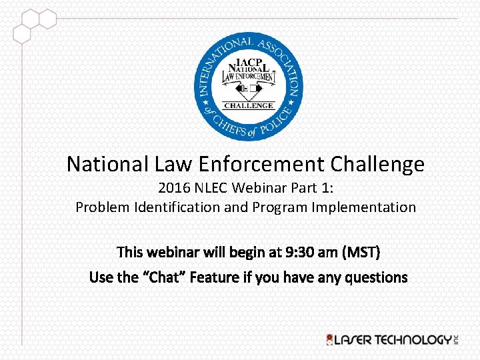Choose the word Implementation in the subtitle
tap(361, 207)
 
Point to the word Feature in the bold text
tap(213, 277)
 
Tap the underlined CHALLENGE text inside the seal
tap(249, 105)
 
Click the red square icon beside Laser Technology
tap(329, 340)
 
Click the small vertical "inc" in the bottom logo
tap(457, 339)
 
